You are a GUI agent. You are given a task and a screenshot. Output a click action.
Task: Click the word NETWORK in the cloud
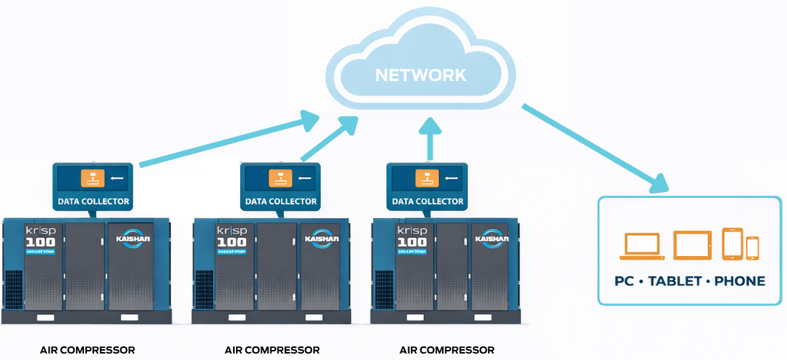[420, 75]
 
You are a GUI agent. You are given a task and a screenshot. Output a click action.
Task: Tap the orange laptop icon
[644, 245]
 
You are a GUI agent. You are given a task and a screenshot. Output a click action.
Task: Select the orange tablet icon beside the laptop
[692, 245]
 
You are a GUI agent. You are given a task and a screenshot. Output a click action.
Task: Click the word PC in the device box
[624, 281]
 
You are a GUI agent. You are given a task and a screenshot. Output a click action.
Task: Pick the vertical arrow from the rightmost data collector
[430, 141]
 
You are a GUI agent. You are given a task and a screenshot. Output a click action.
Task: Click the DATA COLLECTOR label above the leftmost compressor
[93, 202]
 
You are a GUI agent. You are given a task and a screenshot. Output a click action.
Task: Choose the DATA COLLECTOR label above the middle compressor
[281, 202]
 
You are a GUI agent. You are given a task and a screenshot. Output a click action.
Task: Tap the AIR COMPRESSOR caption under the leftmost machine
[88, 350]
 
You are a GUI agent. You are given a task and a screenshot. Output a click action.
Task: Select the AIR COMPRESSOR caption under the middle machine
[272, 350]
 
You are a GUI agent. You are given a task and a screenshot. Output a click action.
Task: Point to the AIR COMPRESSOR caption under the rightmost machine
[447, 350]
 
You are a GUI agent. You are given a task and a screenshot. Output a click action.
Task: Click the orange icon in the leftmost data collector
[93, 178]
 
